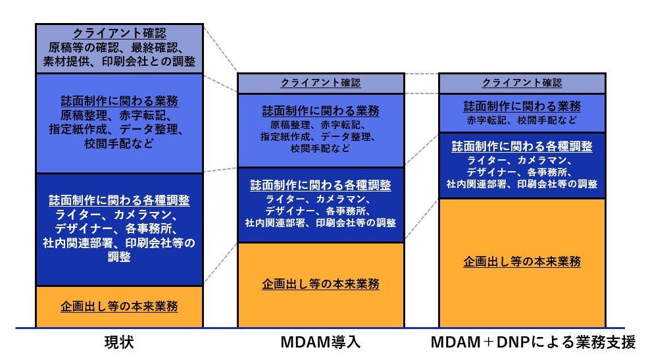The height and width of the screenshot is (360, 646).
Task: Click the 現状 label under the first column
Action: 119,343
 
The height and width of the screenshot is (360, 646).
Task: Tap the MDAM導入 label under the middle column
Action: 320,343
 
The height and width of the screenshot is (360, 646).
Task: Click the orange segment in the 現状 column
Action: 119,307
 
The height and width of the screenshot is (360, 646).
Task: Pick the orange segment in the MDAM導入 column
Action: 320,284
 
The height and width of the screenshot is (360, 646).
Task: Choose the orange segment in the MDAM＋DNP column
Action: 522,261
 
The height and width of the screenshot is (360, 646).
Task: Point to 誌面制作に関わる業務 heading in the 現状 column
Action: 119,102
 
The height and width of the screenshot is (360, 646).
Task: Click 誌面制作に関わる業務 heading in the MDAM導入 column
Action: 320,111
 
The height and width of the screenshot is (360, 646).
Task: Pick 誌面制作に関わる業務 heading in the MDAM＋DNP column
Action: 522,107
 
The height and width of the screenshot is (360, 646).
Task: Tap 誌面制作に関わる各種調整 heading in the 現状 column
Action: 119,201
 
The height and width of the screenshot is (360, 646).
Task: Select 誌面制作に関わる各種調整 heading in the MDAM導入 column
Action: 320,186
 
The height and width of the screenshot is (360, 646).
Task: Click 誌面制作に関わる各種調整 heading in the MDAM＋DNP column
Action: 522,145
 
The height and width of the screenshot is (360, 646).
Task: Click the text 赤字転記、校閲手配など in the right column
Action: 522,121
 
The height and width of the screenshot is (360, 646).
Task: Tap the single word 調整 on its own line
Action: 119,257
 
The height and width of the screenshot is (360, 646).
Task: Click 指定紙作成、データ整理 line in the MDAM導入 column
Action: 320,137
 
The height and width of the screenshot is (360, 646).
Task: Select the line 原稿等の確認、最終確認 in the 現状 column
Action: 119,48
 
